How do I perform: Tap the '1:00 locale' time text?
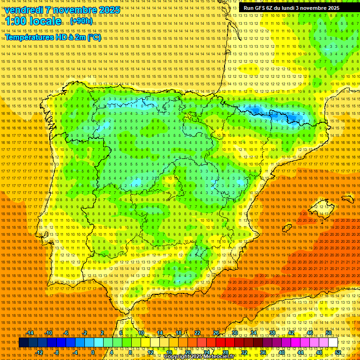[33, 21]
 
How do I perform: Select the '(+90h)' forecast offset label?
[81, 21]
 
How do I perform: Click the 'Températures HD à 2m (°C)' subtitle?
[52, 37]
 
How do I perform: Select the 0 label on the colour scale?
[93, 352]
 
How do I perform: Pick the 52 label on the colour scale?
[338, 352]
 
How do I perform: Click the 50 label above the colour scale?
[329, 333]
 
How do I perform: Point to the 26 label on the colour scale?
[216, 333]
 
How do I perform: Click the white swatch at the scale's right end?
[333, 343]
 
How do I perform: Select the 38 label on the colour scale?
[272, 333]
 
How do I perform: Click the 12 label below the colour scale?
[150, 352]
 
